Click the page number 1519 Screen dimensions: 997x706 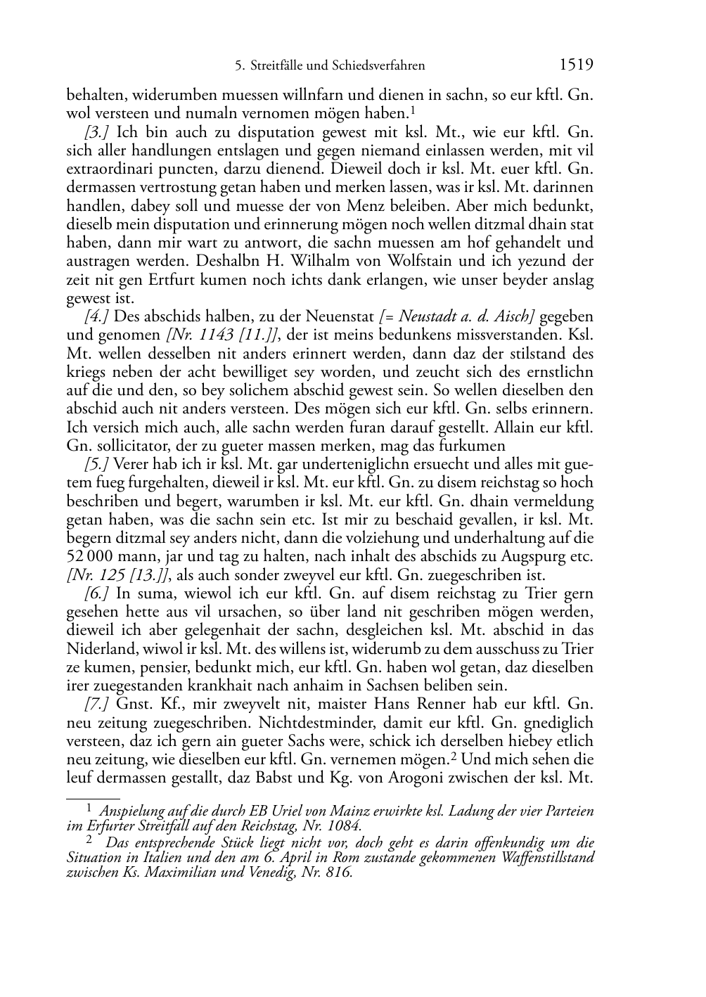coord(576,65)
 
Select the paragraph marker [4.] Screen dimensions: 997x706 coord(98,316)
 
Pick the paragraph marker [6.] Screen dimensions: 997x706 coord(98,593)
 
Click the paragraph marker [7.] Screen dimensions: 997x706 coord(98,704)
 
